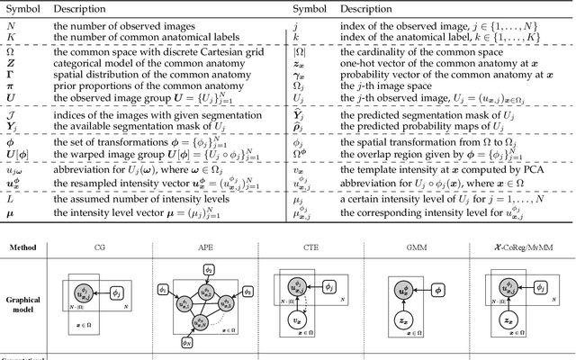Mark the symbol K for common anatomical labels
click(12, 37)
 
